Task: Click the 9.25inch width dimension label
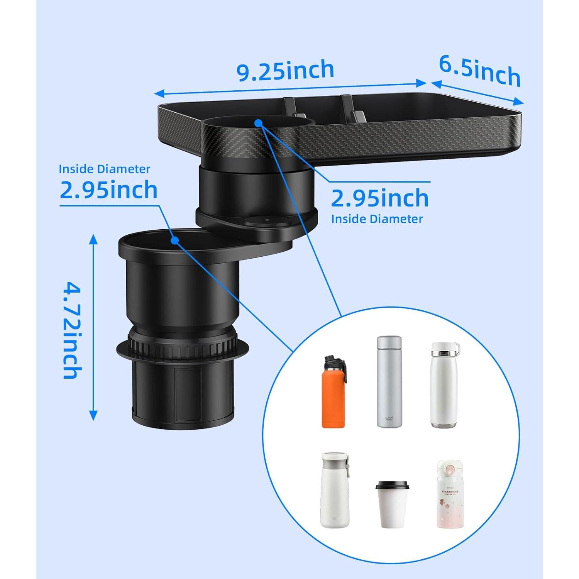pos(285,71)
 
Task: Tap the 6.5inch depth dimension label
pos(480,71)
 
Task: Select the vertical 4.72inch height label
pos(72,330)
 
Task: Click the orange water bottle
pos(334,398)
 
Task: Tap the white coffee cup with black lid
pos(392,504)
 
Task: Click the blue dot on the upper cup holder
pos(259,123)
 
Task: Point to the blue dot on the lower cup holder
pos(175,240)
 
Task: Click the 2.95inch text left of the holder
pos(109,190)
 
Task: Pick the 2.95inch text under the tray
pos(380,198)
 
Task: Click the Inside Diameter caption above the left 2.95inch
pos(104,169)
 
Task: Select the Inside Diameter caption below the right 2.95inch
pos(377,219)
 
